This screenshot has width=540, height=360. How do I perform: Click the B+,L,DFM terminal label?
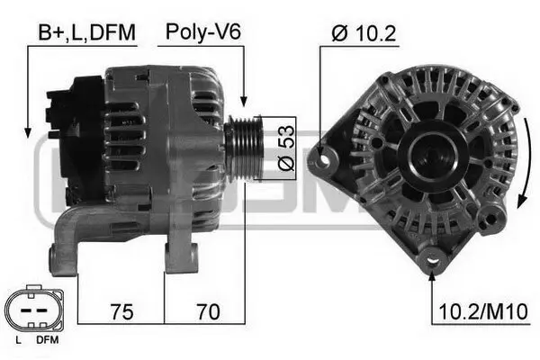pos(86,33)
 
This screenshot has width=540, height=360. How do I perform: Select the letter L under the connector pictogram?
pos(18,341)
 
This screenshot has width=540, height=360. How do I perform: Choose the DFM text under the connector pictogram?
pos(46,341)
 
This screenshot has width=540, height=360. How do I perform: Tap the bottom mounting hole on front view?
pos(436,262)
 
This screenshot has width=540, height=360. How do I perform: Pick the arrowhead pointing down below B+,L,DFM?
pos(28,126)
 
